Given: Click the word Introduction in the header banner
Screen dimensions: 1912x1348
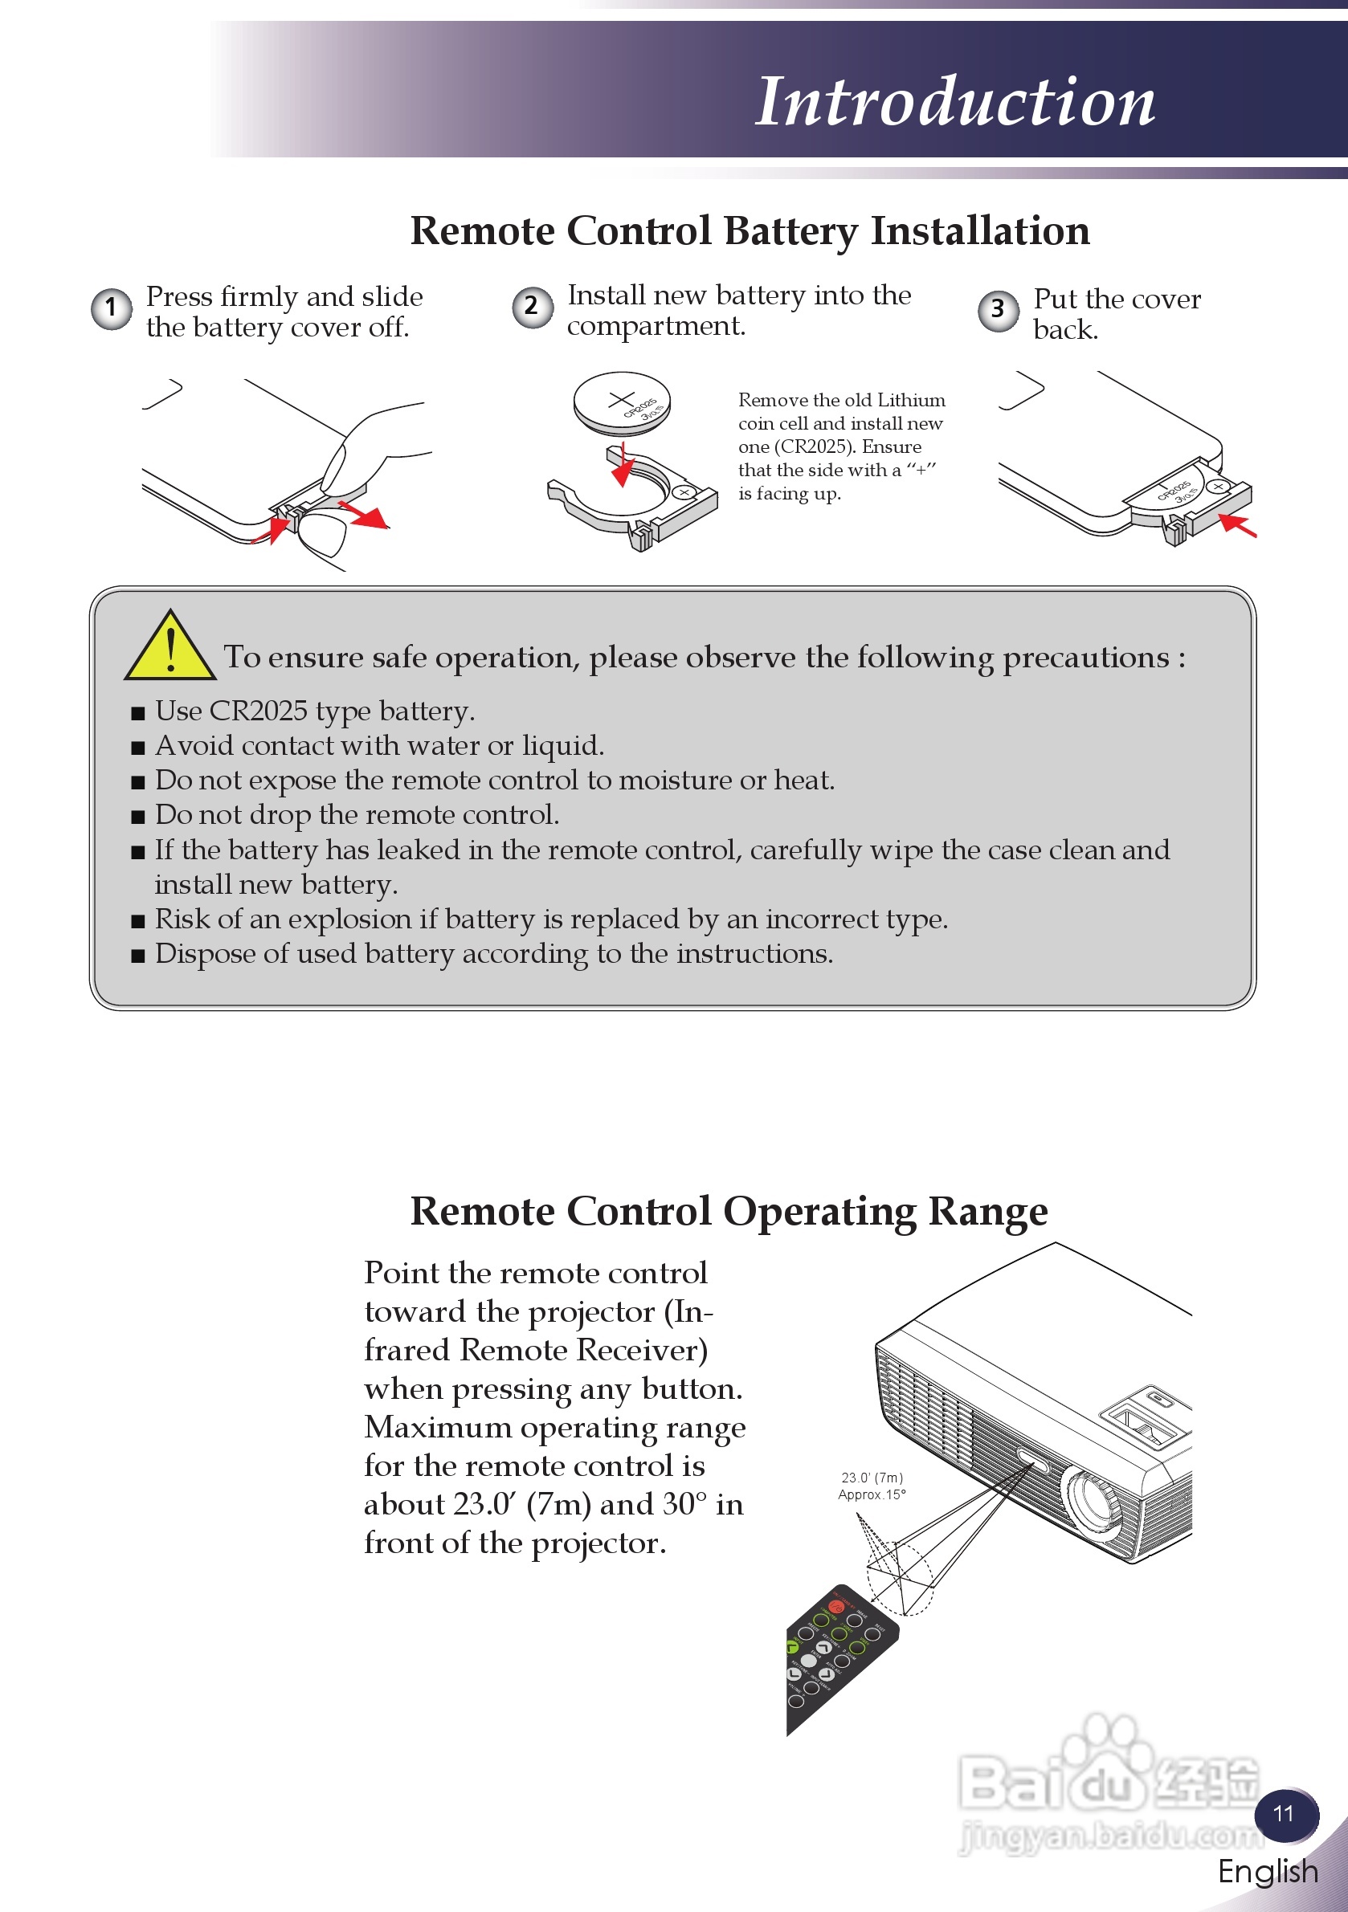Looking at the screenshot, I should [954, 102].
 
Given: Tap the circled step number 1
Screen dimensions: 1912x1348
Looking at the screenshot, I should [111, 309].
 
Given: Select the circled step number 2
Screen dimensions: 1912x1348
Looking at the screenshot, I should [532, 308].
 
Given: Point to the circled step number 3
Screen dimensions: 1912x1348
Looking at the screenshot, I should [997, 311].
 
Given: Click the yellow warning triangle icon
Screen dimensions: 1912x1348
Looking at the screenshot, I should [170, 648].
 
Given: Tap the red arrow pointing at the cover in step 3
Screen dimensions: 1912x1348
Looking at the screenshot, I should [1237, 526].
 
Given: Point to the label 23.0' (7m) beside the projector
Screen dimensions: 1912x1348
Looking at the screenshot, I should [872, 1478].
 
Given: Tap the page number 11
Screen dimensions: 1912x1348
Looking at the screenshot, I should [1284, 1813].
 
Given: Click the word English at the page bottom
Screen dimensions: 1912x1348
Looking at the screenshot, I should [1267, 1871].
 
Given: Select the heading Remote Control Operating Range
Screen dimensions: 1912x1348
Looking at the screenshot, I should [729, 1212].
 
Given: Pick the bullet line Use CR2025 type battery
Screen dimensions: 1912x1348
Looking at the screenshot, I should [315, 711].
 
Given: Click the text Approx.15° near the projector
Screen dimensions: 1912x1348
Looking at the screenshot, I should [872, 1494].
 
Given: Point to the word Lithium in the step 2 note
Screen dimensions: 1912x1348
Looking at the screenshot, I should [912, 401].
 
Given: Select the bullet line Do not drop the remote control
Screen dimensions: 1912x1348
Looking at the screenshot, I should [357, 814].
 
